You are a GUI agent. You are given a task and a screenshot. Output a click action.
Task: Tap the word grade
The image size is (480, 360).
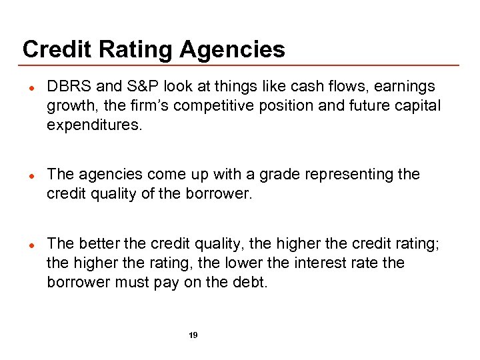point(267,174)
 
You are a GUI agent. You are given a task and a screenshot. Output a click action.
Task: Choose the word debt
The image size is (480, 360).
point(251,283)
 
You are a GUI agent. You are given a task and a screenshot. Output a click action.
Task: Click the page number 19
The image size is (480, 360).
point(193,335)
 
